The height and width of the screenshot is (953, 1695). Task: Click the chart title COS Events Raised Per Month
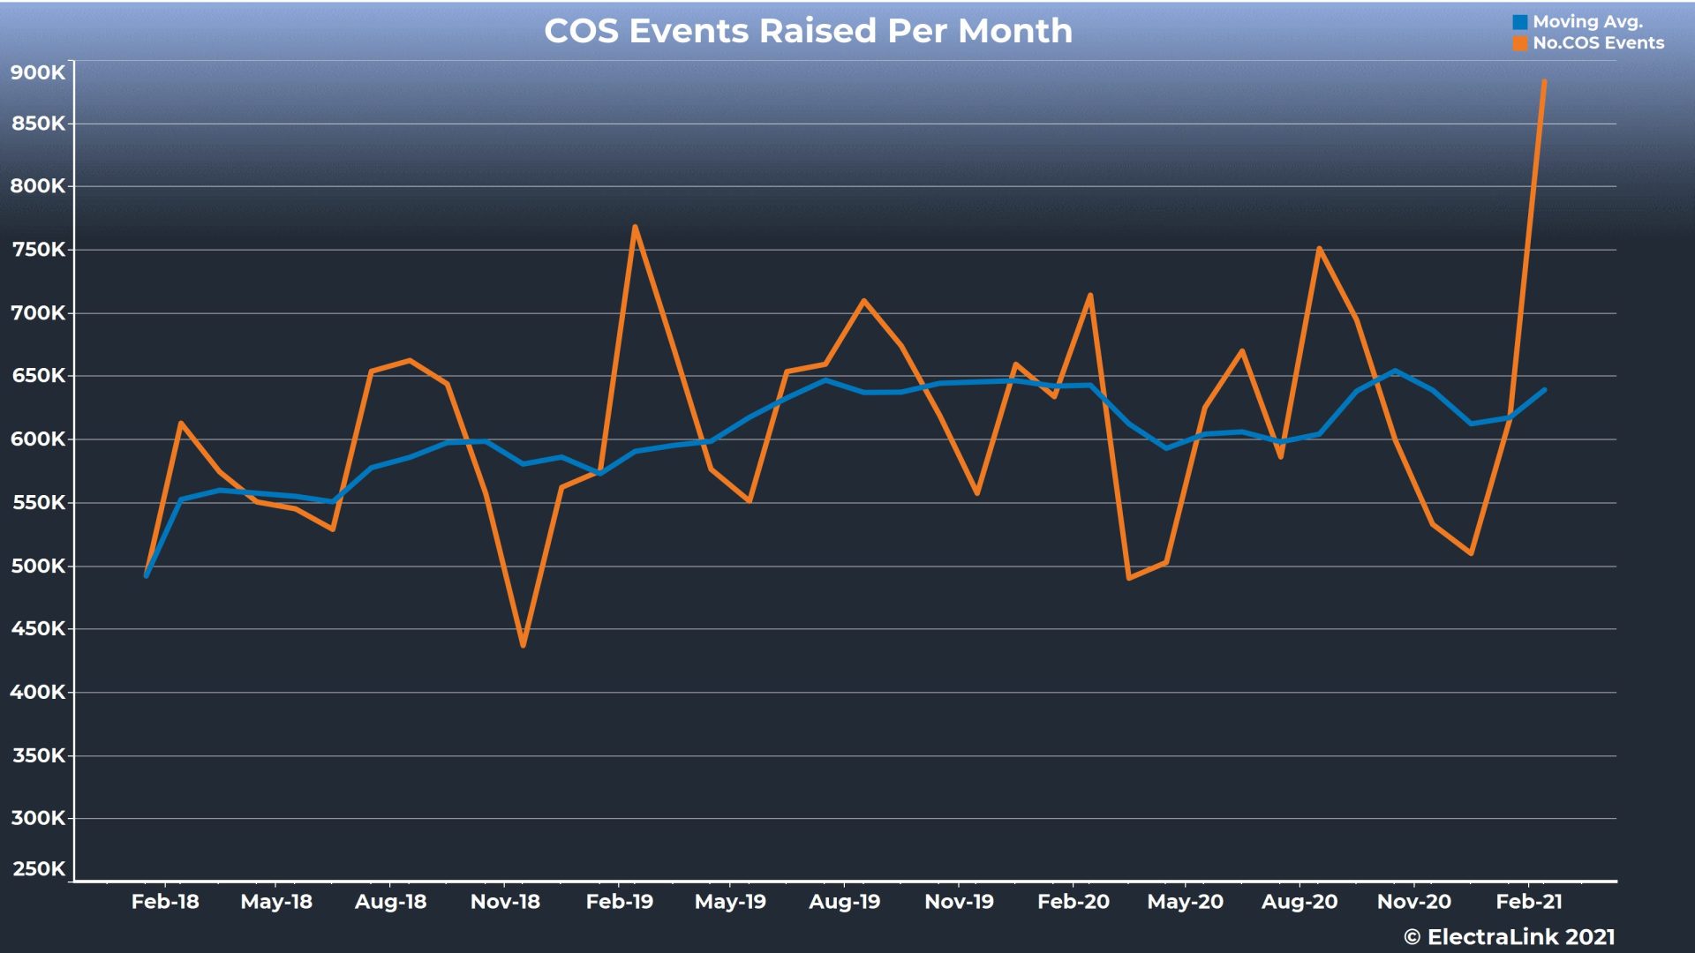(808, 31)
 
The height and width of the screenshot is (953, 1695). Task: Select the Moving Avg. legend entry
(1586, 22)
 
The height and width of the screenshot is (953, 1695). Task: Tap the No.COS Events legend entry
(1597, 43)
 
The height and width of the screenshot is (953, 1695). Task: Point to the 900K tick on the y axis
(37, 72)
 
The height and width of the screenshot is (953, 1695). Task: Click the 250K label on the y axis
(38, 869)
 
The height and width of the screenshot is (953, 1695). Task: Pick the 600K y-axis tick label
(37, 439)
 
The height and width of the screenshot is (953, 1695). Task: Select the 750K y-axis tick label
(38, 250)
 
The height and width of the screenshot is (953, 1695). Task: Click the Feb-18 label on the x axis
(165, 902)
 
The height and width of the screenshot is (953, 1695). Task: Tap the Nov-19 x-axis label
(959, 902)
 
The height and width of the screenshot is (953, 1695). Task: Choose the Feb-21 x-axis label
(1529, 902)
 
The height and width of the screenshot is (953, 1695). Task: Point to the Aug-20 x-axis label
(1299, 902)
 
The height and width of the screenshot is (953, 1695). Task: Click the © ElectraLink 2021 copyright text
(1510, 937)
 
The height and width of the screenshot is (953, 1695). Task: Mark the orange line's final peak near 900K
(1544, 82)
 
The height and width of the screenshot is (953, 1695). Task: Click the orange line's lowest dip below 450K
(524, 646)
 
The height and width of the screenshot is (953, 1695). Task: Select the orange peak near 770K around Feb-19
(635, 227)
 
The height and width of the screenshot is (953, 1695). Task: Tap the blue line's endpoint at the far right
(1544, 390)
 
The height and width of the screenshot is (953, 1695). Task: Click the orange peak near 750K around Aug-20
(1319, 249)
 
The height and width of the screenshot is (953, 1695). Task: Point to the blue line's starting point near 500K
(147, 575)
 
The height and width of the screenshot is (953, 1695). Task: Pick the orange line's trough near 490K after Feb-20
(1129, 578)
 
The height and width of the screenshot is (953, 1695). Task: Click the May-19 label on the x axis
(730, 902)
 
